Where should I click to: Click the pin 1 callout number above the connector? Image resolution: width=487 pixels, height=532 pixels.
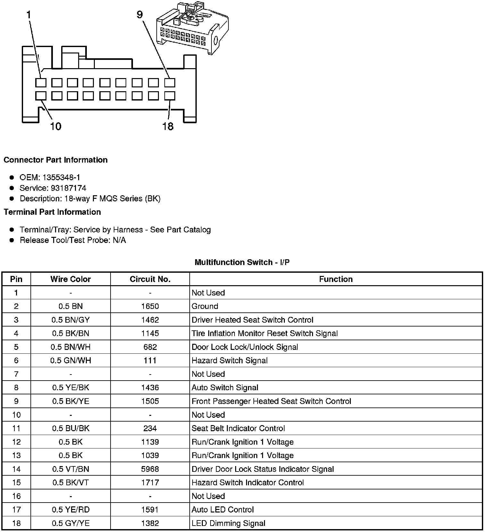(29, 15)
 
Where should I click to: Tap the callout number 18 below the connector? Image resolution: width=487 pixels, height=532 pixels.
(168, 126)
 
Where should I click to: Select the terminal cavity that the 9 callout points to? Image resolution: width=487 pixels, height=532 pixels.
(169, 83)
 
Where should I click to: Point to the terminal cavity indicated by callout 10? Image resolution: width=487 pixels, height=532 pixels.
(41, 96)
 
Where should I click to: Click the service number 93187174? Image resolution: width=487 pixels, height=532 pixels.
(68, 188)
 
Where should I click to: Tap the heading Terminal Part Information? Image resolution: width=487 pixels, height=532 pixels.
(52, 212)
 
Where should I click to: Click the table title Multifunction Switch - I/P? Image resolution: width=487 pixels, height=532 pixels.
(242, 262)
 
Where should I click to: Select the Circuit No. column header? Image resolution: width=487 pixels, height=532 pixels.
(150, 279)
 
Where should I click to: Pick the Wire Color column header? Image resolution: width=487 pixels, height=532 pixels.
(70, 279)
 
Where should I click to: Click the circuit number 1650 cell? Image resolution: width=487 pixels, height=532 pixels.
(150, 306)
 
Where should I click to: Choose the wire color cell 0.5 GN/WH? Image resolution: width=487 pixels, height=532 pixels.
(70, 360)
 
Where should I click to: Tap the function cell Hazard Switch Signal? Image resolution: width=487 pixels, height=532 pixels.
(229, 360)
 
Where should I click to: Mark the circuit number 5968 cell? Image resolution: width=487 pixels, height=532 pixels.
(150, 469)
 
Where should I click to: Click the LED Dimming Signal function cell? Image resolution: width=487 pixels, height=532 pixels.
(228, 523)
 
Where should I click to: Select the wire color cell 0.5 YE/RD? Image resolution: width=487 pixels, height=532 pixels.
(70, 510)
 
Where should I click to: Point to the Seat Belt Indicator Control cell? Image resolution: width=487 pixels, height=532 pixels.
(238, 428)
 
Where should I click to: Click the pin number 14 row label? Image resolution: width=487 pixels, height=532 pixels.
(16, 469)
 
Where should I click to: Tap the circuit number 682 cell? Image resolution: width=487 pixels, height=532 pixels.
(150, 347)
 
